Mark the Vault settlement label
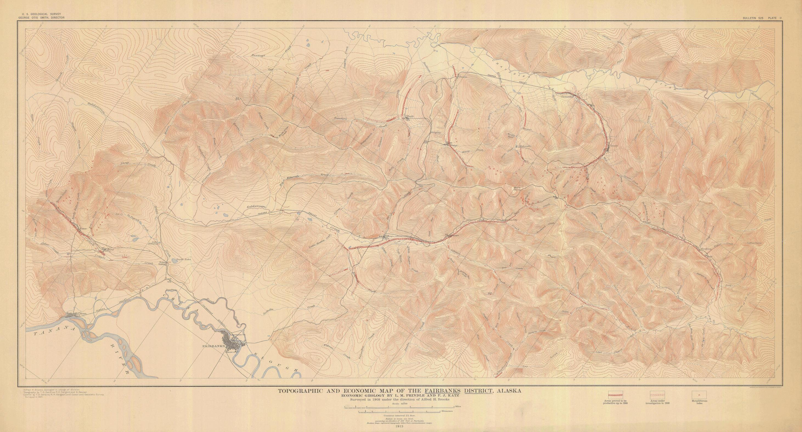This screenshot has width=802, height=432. coord(410,116)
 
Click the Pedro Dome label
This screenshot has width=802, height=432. coord(517,197)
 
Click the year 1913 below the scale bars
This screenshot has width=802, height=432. coord(398,428)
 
